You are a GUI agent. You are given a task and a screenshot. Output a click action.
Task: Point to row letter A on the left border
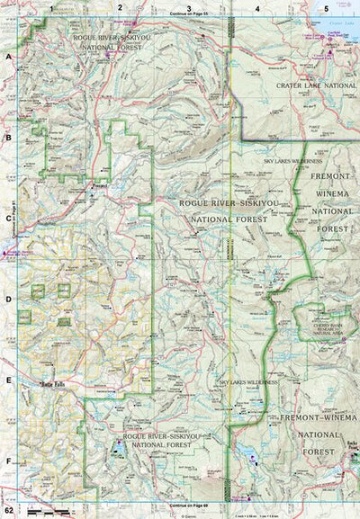point(8,56)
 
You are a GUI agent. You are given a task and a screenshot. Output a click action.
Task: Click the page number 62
point(8,511)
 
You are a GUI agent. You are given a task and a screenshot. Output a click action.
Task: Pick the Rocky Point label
point(351,447)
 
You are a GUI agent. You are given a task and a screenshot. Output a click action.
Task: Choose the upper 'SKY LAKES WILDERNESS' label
point(292,161)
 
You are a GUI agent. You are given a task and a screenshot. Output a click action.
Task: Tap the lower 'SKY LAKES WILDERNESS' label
point(248,381)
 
